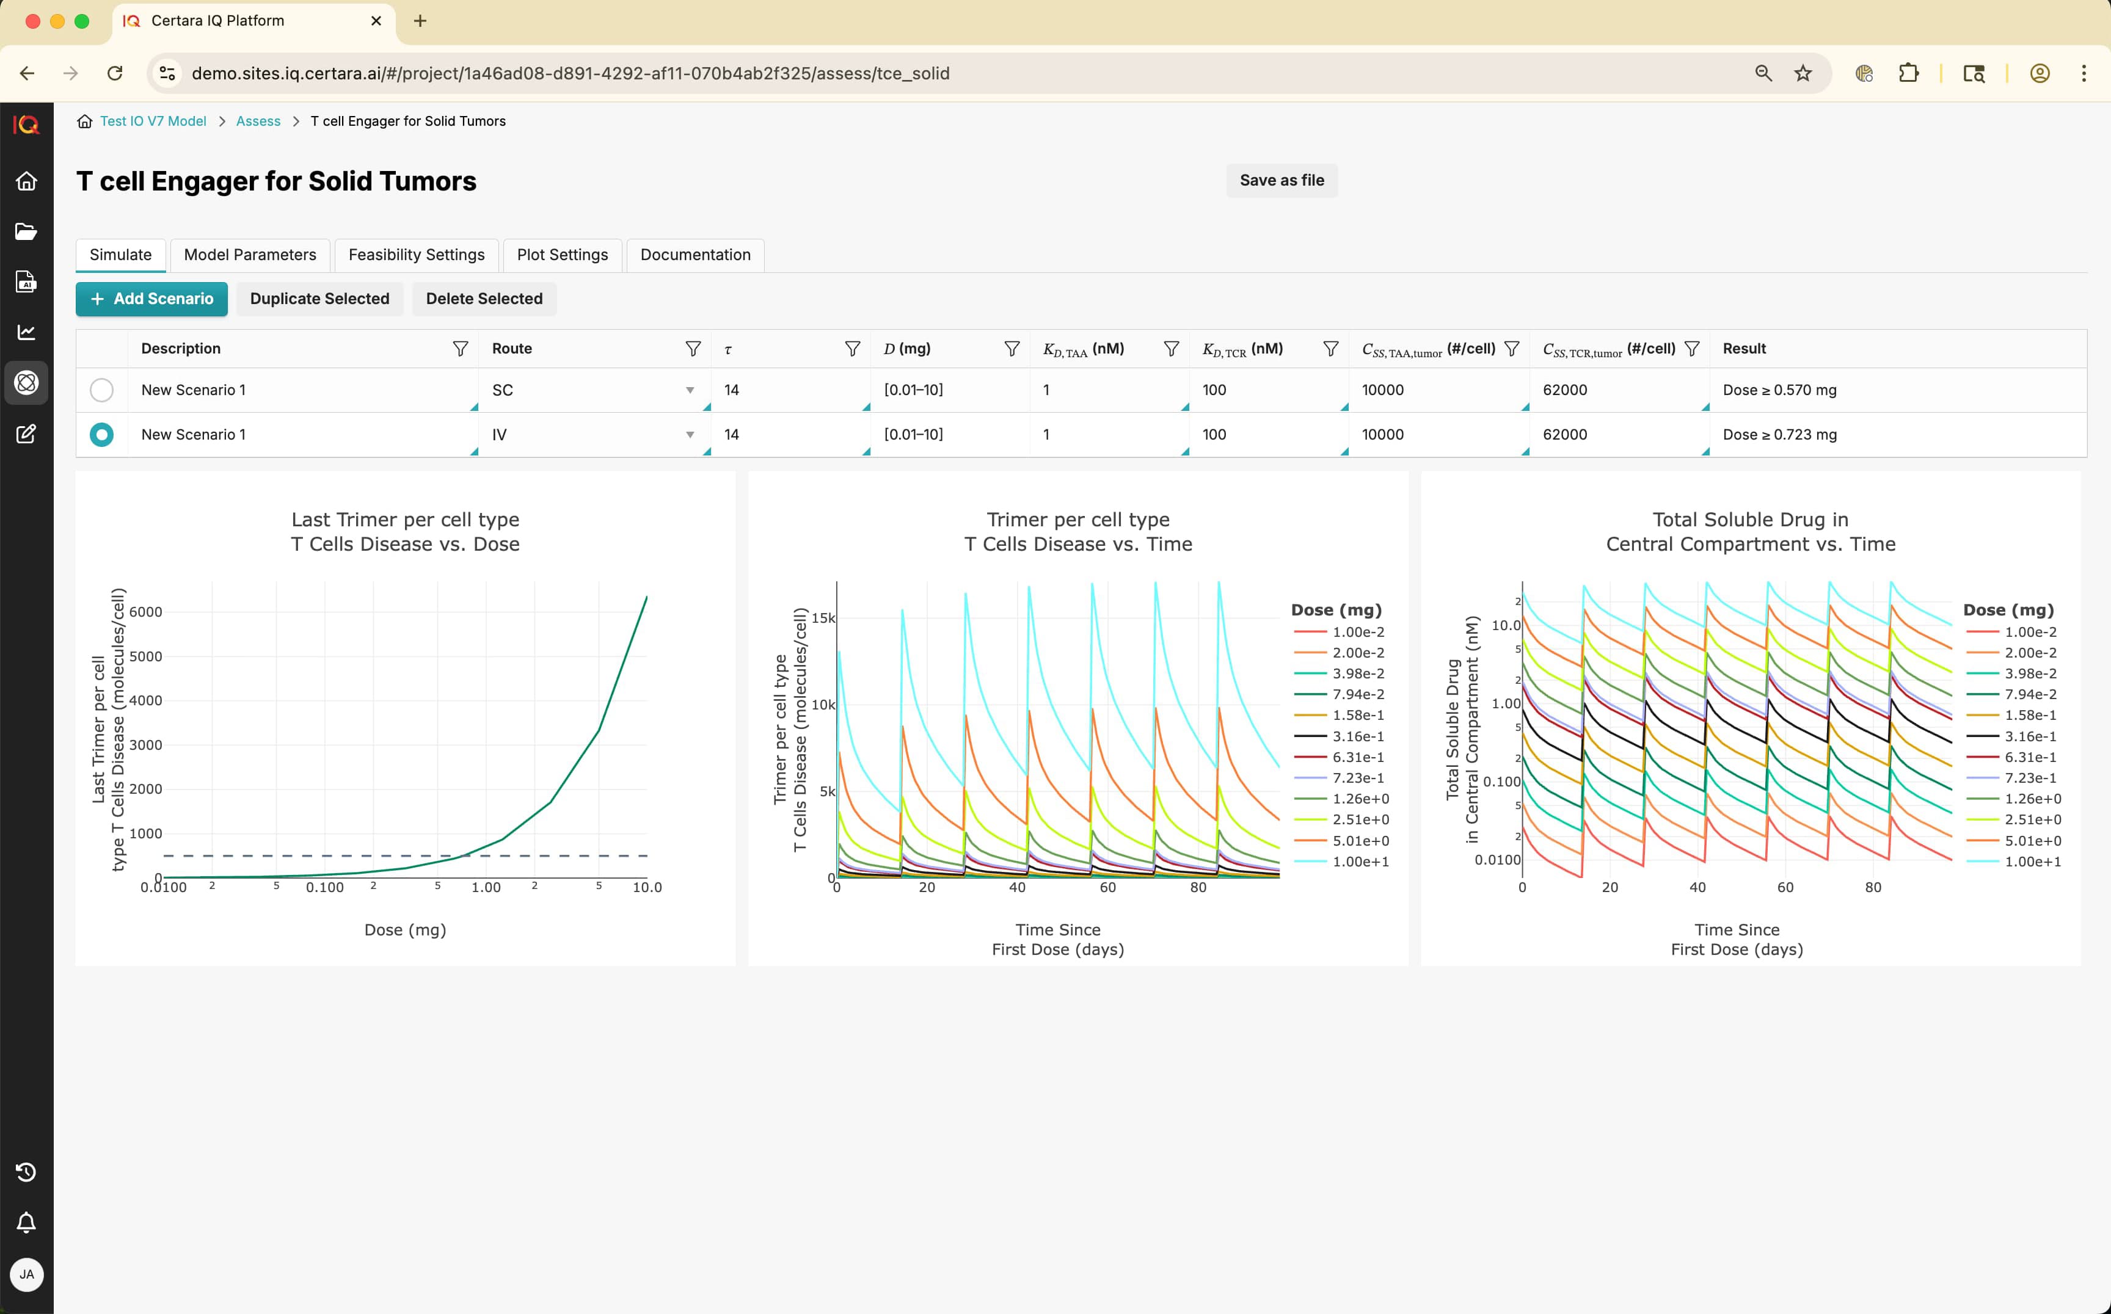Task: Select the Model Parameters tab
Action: click(x=250, y=255)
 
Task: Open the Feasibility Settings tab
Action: click(x=417, y=255)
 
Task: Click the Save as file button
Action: click(x=1282, y=181)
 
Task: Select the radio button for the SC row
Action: click(x=102, y=390)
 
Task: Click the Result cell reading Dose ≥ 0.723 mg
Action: click(x=1780, y=435)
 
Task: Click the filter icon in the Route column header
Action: click(x=693, y=349)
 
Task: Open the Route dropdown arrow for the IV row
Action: click(x=690, y=435)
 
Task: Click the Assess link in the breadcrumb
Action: click(x=258, y=122)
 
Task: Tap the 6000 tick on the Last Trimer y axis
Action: click(x=145, y=612)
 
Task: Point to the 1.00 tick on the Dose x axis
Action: click(x=486, y=887)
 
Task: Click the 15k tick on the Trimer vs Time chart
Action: click(x=823, y=618)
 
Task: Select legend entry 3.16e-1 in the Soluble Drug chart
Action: click(x=2031, y=736)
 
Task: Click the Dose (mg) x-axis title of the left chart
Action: click(x=405, y=930)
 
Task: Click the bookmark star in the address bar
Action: click(x=1803, y=73)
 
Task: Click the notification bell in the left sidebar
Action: click(x=26, y=1223)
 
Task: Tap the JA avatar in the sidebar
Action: click(x=26, y=1274)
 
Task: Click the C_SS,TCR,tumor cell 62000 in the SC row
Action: click(x=1565, y=390)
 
